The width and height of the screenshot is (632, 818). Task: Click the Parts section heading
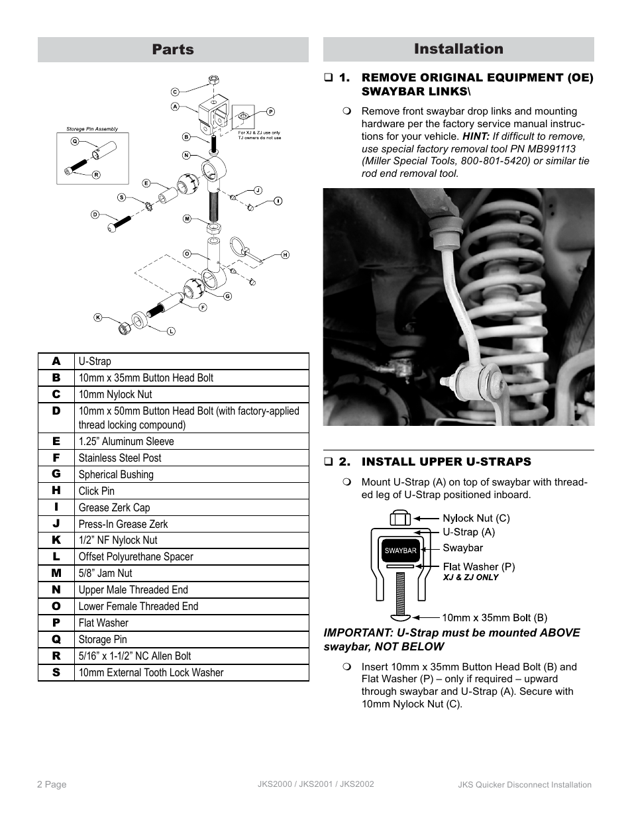pyautogui.click(x=173, y=50)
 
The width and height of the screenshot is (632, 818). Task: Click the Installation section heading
pyautogui.click(x=458, y=49)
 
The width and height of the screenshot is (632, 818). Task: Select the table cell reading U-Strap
pyautogui.click(x=95, y=361)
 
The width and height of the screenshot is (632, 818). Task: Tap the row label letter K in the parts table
pyautogui.click(x=56, y=540)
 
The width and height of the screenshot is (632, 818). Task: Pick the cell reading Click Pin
pyautogui.click(x=97, y=491)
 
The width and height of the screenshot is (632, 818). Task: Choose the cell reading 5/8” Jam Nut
pyautogui.click(x=105, y=573)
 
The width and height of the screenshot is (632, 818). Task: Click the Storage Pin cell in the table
pyautogui.click(x=103, y=639)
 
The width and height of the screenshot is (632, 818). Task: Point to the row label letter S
pyautogui.click(x=56, y=672)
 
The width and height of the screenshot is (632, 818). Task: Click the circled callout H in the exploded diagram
pyautogui.click(x=285, y=254)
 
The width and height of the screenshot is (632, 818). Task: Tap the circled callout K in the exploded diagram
pyautogui.click(x=98, y=317)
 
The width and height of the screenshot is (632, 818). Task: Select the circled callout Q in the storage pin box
pyautogui.click(x=74, y=141)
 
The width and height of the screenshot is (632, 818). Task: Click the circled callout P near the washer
pyautogui.click(x=271, y=112)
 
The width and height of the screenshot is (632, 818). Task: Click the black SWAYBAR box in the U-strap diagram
pyautogui.click(x=401, y=550)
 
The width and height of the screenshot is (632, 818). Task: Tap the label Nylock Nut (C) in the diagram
pyautogui.click(x=476, y=519)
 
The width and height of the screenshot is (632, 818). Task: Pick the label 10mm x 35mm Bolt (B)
pyautogui.click(x=494, y=617)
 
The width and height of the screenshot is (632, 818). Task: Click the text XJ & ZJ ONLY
pyautogui.click(x=470, y=578)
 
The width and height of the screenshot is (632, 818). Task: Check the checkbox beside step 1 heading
pyautogui.click(x=328, y=78)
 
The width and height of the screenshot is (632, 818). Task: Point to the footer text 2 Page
pyautogui.click(x=52, y=784)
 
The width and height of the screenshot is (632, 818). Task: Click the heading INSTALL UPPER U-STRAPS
pyautogui.click(x=446, y=462)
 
